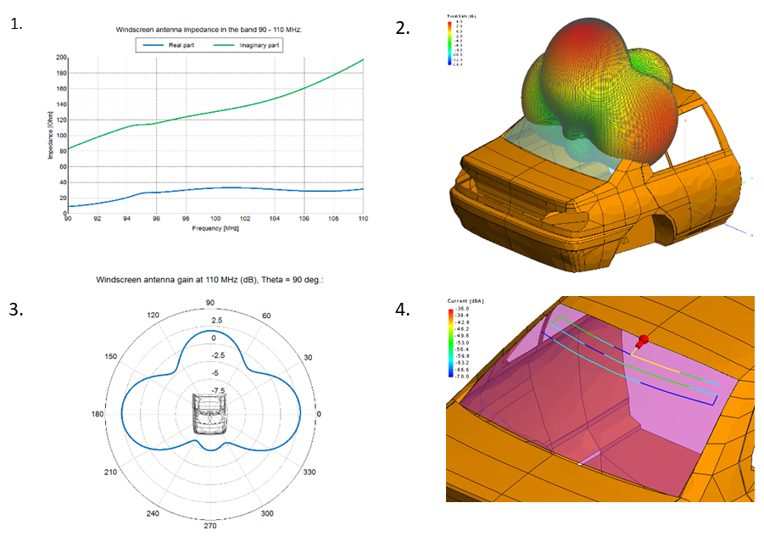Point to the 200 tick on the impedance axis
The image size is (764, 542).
[61, 58]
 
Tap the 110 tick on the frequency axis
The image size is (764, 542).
[363, 220]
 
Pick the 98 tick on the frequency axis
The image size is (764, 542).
[186, 220]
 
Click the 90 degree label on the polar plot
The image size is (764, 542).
[210, 304]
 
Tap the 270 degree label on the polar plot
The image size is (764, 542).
[210, 525]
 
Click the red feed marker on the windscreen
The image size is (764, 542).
[642, 341]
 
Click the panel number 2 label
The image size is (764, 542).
[403, 27]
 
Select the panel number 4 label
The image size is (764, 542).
[403, 309]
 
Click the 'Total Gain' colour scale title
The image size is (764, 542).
[461, 16]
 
